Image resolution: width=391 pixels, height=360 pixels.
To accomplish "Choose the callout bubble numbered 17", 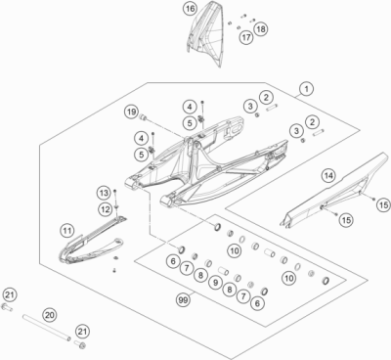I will (x=246, y=38).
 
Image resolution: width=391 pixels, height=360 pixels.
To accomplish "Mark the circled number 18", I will (x=260, y=29).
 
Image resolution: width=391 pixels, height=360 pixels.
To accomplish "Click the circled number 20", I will (x=50, y=315).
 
